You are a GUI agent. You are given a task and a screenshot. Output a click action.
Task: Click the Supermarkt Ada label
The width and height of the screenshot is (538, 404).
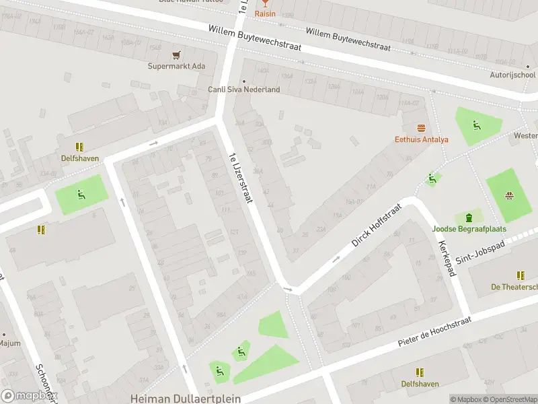click(x=177, y=66)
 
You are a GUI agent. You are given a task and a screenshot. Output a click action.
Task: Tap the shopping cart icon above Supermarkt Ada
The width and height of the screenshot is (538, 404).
click(x=177, y=55)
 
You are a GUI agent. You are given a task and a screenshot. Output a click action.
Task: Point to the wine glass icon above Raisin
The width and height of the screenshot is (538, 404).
click(x=264, y=3)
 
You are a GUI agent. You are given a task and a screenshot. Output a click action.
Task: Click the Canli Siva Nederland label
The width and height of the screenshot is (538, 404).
click(x=243, y=90)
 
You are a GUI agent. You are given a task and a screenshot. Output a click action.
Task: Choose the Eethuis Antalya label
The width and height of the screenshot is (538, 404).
click(x=422, y=139)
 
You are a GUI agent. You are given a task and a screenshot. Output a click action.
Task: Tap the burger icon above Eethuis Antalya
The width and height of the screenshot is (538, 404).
click(x=422, y=128)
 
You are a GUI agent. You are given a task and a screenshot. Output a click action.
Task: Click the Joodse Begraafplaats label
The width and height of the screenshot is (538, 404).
click(x=469, y=229)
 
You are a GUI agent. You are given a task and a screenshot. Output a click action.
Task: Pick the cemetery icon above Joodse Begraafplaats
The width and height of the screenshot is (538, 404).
click(x=469, y=217)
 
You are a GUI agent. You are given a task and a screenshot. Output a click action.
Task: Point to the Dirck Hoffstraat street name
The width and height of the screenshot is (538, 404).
click(x=376, y=225)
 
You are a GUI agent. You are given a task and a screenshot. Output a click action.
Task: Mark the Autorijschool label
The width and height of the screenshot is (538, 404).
click(x=512, y=75)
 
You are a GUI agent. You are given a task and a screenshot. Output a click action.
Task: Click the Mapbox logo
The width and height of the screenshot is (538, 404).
click(x=28, y=396)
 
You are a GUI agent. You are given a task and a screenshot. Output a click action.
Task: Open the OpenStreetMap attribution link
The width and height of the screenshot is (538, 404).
click(x=510, y=399)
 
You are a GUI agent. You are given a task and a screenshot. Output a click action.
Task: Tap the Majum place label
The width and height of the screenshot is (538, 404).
click(x=9, y=343)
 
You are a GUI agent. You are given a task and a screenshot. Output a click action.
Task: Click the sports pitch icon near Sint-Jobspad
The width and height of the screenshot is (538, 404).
click(x=509, y=196)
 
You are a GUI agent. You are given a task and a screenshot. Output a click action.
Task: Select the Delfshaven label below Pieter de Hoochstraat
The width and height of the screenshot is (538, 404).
click(x=420, y=384)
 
